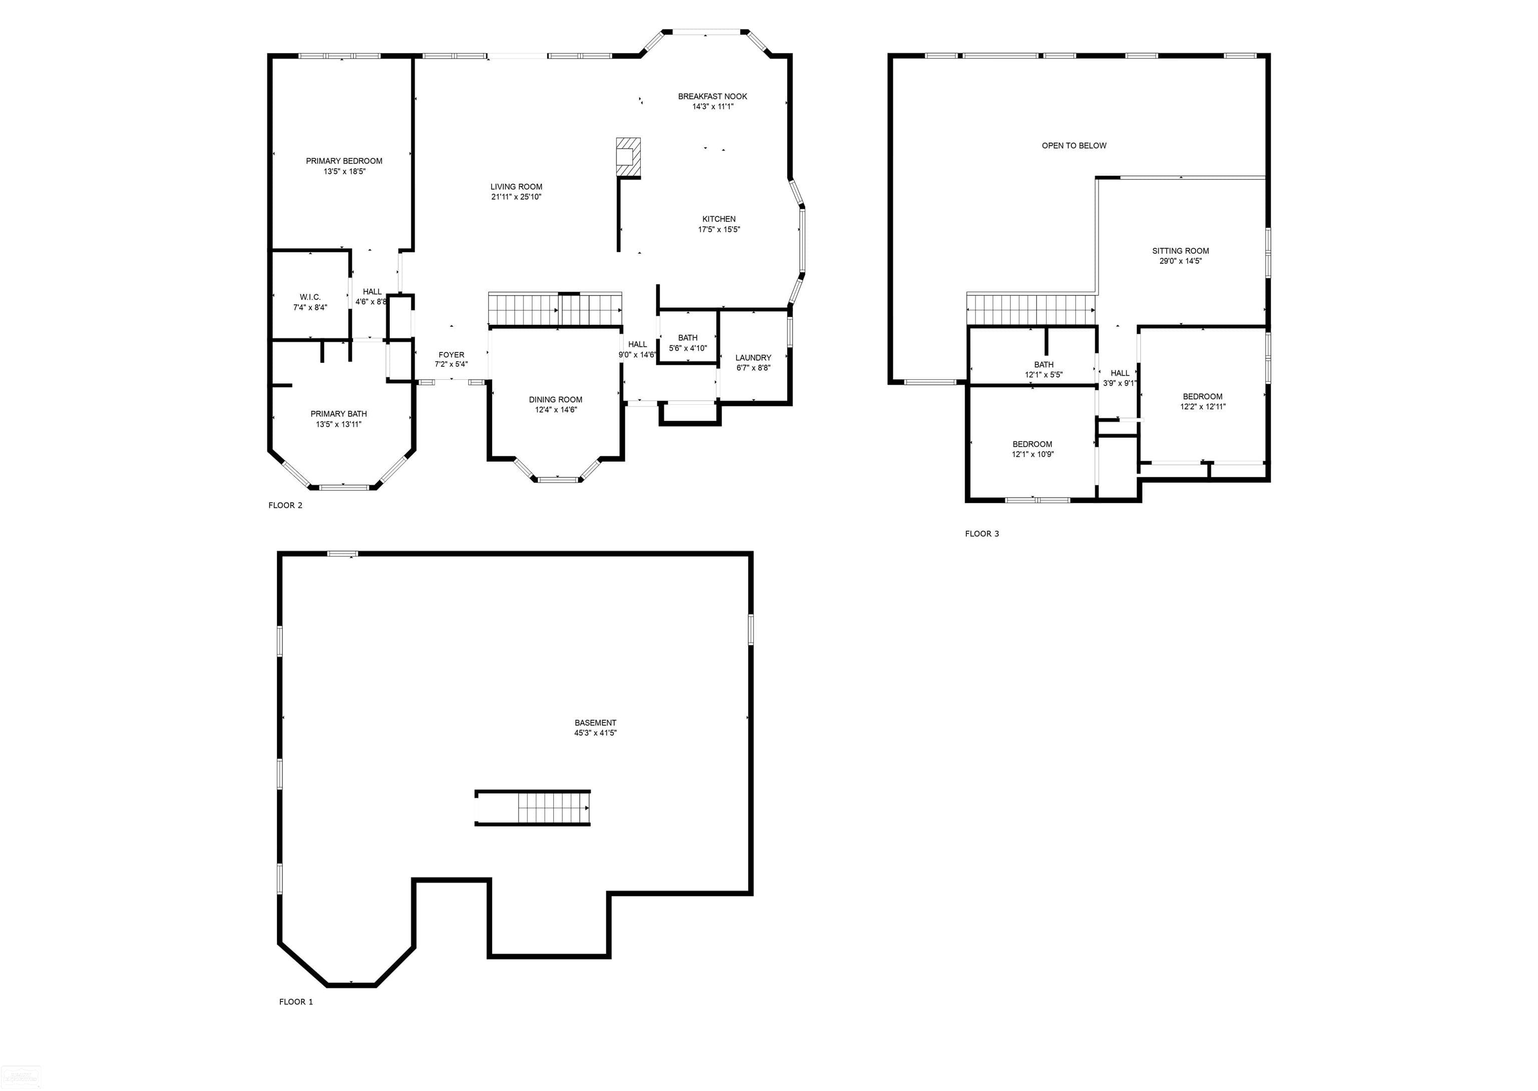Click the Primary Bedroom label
point(344,161)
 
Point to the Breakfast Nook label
point(712,97)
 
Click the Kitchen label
point(719,219)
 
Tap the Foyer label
point(451,355)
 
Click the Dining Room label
point(555,400)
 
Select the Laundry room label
point(752,358)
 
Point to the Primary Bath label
point(338,414)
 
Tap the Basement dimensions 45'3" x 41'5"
point(595,733)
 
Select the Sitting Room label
point(1181,251)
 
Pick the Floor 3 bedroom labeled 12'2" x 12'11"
point(1203,401)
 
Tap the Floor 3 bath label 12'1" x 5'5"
point(1043,369)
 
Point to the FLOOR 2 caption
point(285,505)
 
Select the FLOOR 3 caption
point(982,534)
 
